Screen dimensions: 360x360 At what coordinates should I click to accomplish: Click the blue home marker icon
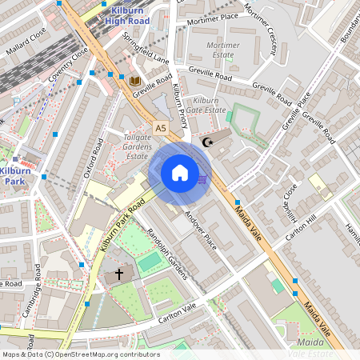click(180, 173)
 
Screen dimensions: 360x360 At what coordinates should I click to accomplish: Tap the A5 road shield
click(161, 127)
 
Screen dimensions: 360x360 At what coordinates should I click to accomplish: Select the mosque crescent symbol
click(208, 142)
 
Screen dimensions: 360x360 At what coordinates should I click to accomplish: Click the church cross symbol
click(119, 274)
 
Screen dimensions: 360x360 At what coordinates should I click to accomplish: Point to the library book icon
click(134, 81)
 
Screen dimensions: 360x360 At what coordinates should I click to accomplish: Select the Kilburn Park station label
click(15, 177)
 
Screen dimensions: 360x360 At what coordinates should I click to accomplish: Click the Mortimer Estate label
click(223, 50)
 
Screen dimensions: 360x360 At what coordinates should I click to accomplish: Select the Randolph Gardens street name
click(166, 254)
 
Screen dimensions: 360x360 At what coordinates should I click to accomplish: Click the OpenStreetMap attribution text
click(81, 354)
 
